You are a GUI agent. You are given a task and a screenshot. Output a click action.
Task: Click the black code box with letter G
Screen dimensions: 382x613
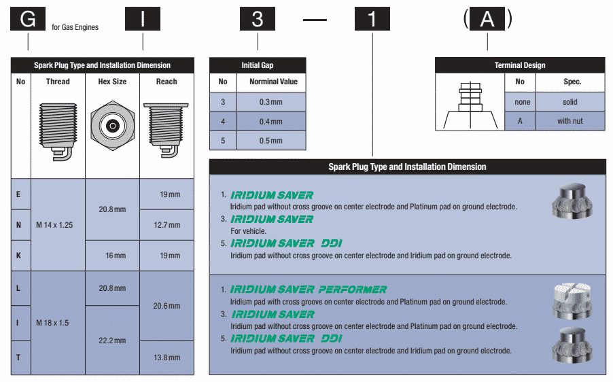28,20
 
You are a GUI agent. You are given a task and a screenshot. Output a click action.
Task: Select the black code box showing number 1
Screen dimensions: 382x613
372,20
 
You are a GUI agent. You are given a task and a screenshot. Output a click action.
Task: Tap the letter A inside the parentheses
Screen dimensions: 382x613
487,20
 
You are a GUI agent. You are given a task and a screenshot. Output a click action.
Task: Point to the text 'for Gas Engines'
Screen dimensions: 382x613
75,27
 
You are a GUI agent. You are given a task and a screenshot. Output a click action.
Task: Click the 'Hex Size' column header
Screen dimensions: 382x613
112,82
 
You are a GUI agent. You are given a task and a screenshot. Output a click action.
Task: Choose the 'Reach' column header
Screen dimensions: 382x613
167,82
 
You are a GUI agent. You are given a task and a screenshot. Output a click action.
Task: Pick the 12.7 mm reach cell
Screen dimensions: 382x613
167,225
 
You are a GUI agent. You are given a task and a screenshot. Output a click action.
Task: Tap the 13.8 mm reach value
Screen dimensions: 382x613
167,358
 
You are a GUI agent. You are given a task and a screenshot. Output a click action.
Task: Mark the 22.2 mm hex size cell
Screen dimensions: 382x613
112,341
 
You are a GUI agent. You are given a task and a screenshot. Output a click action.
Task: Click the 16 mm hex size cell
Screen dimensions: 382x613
112,256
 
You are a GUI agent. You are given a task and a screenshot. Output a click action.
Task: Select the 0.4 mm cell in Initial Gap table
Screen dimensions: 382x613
270,122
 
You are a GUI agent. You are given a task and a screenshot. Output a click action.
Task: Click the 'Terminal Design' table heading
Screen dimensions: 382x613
520,65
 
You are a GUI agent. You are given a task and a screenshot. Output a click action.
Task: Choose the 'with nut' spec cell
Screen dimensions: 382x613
570,121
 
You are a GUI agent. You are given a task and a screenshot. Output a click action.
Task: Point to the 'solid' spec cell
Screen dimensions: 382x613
570,102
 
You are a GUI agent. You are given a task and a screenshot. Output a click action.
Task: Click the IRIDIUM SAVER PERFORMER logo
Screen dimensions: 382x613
309,290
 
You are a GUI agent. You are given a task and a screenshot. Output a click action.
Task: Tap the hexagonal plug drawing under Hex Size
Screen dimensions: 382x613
112,126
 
